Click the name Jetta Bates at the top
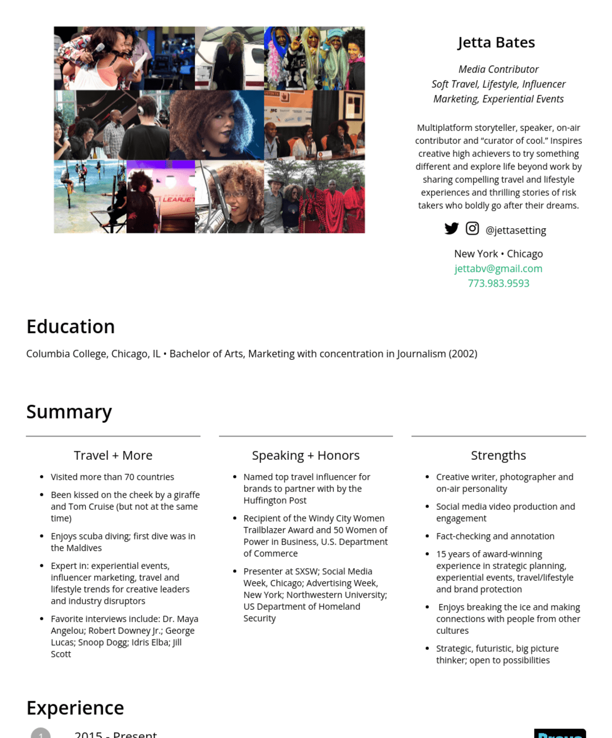[x=496, y=42]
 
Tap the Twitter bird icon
[x=451, y=229]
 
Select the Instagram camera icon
[x=472, y=229]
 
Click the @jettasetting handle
[x=516, y=230]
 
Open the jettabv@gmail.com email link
[x=498, y=268]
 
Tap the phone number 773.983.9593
[x=498, y=283]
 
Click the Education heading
[x=70, y=327]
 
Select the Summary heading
[x=69, y=411]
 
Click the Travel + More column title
[x=113, y=455]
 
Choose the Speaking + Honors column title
[x=306, y=455]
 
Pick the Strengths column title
[x=498, y=455]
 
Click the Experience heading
[x=75, y=708]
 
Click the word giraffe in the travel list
[x=187, y=495]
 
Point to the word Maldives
[x=83, y=548]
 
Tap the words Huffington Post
[x=275, y=500]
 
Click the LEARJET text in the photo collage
[x=178, y=200]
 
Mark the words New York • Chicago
[x=498, y=254]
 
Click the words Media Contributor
[x=498, y=69]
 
